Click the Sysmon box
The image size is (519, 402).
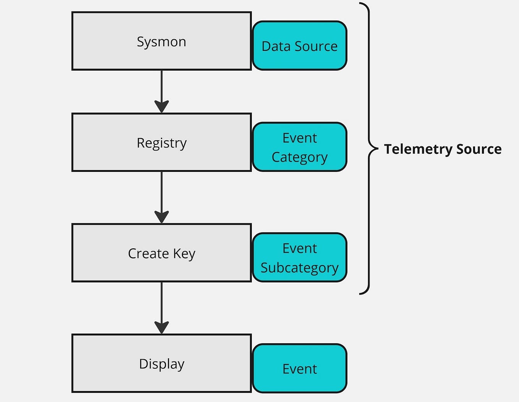tap(161, 41)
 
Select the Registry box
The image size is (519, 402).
tap(161, 143)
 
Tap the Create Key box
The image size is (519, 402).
tap(161, 253)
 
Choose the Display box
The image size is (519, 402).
tap(161, 363)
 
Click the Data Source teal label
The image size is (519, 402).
tap(300, 46)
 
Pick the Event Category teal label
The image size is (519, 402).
tap(300, 147)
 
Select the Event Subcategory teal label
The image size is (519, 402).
tap(300, 258)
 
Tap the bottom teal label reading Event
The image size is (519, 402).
tap(300, 368)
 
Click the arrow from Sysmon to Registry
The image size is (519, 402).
tap(162, 90)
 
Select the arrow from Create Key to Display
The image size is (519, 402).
tap(162, 306)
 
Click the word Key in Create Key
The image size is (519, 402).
tap(184, 254)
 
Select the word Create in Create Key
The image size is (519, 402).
tap(148, 253)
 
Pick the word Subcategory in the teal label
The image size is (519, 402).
tap(300, 268)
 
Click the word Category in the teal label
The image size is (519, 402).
tap(300, 157)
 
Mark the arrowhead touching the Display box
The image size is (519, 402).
tap(162, 327)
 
